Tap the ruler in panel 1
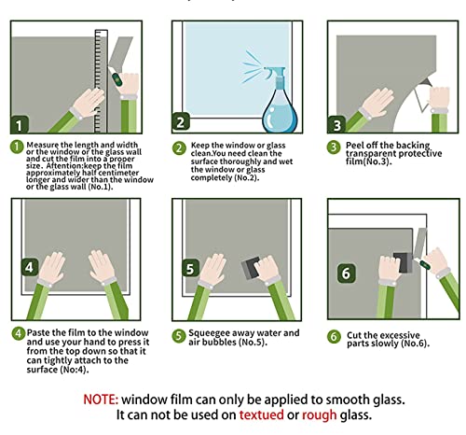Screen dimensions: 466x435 click(101, 81)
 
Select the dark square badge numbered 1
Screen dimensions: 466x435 click(20, 125)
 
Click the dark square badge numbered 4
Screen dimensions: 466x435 click(30, 267)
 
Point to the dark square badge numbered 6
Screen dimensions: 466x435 click(347, 274)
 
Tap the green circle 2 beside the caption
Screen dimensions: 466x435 click(179, 148)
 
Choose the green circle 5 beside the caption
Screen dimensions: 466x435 click(179, 336)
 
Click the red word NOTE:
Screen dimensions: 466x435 click(101, 400)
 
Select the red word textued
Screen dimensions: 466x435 click(261, 414)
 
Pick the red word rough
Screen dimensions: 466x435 click(320, 415)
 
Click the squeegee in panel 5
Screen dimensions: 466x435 click(251, 267)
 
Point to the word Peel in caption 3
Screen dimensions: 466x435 click(355, 146)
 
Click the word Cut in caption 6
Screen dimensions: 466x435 click(354, 335)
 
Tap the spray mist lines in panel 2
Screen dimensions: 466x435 click(252, 67)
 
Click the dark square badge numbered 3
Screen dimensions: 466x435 click(336, 125)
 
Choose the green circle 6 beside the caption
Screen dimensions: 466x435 click(334, 337)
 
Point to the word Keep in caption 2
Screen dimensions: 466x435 click(200, 146)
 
